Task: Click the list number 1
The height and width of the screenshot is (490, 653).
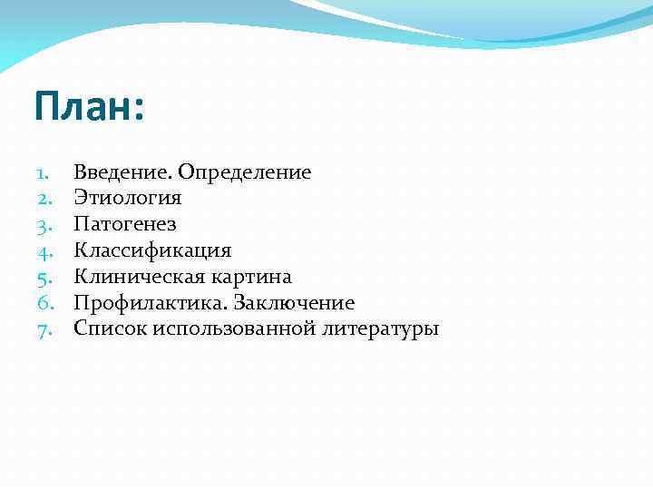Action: click(43, 172)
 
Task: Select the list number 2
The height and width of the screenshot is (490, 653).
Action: click(43, 198)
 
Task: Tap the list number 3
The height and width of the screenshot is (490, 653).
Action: click(43, 224)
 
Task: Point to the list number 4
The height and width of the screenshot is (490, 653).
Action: click(43, 250)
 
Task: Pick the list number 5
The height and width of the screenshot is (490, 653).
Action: click(43, 277)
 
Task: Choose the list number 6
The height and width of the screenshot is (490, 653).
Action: click(43, 303)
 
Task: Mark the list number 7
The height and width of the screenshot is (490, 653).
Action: click(43, 328)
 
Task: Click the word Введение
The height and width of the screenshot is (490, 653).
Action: click(122, 172)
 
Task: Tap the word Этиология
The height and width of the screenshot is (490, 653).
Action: click(128, 198)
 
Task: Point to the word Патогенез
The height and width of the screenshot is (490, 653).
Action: click(125, 224)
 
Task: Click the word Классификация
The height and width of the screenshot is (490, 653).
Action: click(152, 250)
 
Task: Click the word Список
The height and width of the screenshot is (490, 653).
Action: click(111, 328)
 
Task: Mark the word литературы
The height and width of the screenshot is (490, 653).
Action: click(380, 329)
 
